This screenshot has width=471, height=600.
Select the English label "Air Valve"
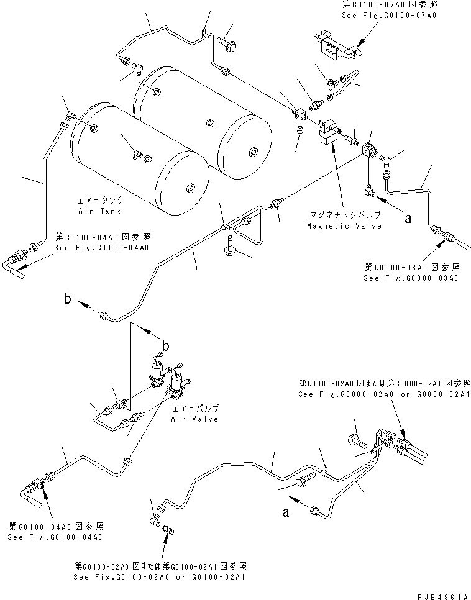point(195,419)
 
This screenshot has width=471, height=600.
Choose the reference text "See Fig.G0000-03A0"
point(411,278)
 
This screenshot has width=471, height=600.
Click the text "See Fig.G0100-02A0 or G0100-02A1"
point(160,577)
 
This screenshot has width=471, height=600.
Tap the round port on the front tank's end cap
point(189,186)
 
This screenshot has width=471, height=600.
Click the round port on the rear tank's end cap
point(253,152)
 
